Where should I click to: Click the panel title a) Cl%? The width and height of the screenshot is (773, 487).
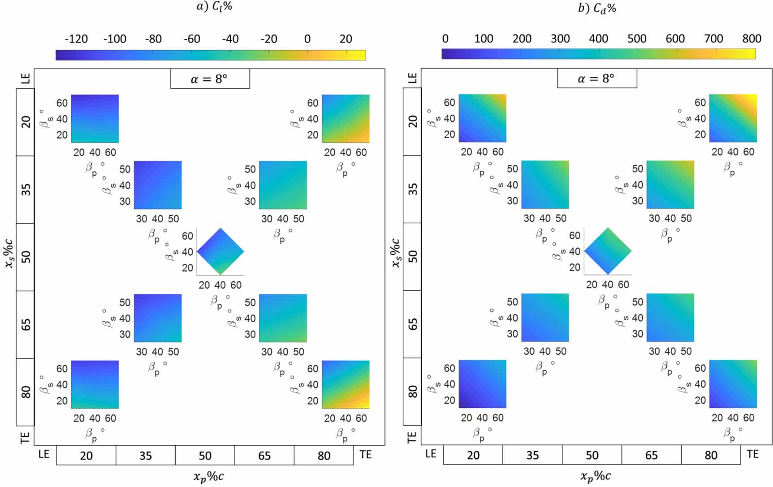[214, 7]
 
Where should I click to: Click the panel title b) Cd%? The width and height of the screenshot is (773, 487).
[597, 9]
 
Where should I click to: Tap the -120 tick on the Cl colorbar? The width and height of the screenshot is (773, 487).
[76, 39]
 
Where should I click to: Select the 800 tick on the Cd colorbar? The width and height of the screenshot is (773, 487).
[751, 39]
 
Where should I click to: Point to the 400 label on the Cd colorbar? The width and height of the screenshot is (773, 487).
[598, 39]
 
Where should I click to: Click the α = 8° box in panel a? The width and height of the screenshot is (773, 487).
[210, 79]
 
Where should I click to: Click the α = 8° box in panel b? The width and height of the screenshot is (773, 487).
[596, 79]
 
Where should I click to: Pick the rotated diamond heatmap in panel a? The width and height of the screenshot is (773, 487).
[220, 251]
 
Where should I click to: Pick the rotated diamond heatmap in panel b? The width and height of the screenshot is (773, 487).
[608, 251]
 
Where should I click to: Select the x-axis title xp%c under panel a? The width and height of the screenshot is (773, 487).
[208, 477]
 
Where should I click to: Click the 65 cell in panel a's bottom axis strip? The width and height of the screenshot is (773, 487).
[264, 456]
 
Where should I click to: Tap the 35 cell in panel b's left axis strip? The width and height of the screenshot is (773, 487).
[412, 189]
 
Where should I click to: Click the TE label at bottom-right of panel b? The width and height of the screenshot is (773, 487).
[753, 454]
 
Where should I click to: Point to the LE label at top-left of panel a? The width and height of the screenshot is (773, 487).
[26, 78]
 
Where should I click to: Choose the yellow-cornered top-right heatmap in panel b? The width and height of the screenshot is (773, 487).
[733, 118]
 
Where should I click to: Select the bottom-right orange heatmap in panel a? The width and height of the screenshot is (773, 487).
[345, 384]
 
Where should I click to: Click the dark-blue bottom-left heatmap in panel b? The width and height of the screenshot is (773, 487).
[482, 384]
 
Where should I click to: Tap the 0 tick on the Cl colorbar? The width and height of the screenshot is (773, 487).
[307, 39]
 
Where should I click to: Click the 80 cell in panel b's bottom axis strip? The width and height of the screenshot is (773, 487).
[711, 455]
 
